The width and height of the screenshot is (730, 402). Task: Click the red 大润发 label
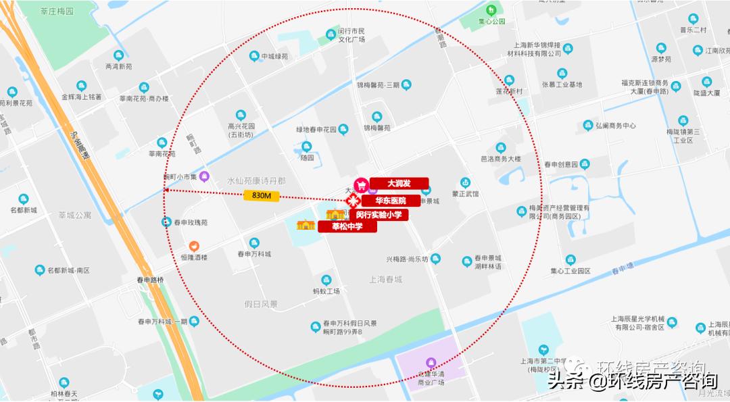tap(399, 183)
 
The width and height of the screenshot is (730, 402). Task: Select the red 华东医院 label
tap(393, 201)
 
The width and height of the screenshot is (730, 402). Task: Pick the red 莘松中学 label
tap(347, 226)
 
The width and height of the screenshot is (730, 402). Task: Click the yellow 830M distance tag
tap(261, 196)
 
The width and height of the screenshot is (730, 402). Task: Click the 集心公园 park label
tap(492, 21)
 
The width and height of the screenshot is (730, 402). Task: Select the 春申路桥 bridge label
tap(150, 280)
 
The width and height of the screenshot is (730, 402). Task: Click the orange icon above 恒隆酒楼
tap(194, 246)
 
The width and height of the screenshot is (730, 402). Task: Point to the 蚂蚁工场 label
tap(326, 291)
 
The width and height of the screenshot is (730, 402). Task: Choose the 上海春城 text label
tap(385, 279)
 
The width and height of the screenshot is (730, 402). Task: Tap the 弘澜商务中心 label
tap(615, 126)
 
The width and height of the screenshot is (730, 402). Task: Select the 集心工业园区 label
tap(570, 270)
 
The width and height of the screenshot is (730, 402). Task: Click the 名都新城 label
tap(24, 210)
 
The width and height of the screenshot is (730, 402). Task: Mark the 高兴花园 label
tap(241, 126)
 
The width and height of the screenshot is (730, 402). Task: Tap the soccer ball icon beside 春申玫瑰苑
tap(166, 222)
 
